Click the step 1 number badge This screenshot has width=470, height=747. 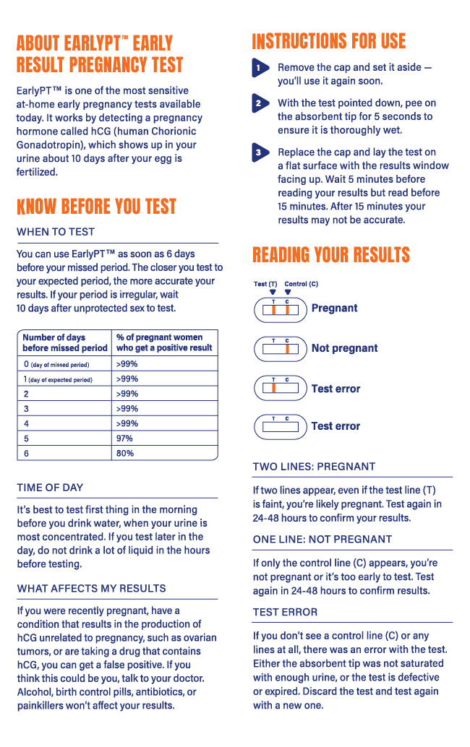pyautogui.click(x=260, y=68)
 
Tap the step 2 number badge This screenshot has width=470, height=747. pyautogui.click(x=260, y=104)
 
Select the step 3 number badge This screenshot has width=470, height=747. pyautogui.click(x=260, y=153)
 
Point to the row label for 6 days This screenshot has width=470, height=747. pyautogui.click(x=27, y=454)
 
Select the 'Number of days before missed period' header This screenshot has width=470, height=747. pyautogui.click(x=64, y=342)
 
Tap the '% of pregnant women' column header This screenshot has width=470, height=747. pyautogui.click(x=163, y=342)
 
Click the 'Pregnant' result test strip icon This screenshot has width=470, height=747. pyautogui.click(x=280, y=309)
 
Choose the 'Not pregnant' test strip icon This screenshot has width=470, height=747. pyautogui.click(x=280, y=349)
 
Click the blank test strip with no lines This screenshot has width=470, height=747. pyautogui.click(x=280, y=427)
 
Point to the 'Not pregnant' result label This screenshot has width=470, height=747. pyautogui.click(x=344, y=348)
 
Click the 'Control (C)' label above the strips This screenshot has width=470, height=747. pyautogui.click(x=301, y=284)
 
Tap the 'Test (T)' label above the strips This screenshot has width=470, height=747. pyautogui.click(x=265, y=284)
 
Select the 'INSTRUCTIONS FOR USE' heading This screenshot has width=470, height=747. pyautogui.click(x=328, y=42)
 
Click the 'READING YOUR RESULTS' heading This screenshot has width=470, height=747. pyautogui.click(x=330, y=255)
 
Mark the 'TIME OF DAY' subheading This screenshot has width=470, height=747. pyautogui.click(x=50, y=488)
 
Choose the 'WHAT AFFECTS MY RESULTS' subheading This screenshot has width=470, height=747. pyautogui.click(x=91, y=588)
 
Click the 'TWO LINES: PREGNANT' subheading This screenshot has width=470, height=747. pyautogui.click(x=314, y=467)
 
